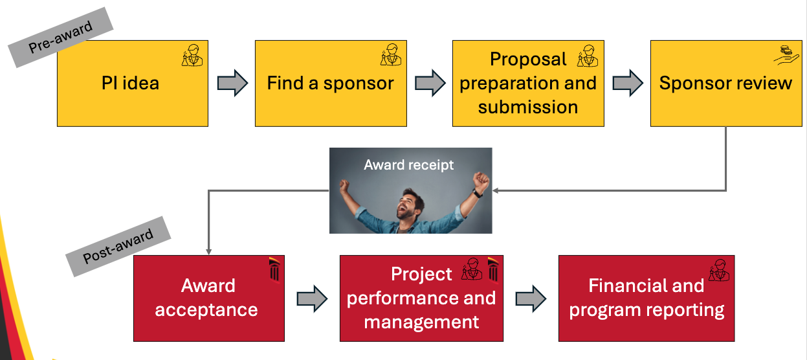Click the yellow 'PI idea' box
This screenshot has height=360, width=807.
click(x=132, y=84)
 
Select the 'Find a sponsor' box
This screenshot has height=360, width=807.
click(x=330, y=84)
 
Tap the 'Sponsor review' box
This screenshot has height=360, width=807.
click(x=725, y=84)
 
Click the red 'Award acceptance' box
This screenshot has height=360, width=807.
click(x=208, y=298)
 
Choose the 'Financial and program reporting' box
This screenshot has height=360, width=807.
click(x=646, y=298)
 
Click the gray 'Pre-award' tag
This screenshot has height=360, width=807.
click(x=61, y=38)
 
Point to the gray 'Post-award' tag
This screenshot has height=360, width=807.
click(x=118, y=246)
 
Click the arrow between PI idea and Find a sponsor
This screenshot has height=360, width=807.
click(x=232, y=83)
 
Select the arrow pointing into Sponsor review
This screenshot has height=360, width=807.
click(x=627, y=83)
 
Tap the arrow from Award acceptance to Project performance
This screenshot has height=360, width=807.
click(x=312, y=298)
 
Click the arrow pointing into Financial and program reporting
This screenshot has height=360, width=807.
click(x=531, y=298)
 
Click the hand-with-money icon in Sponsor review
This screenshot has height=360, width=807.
click(x=786, y=54)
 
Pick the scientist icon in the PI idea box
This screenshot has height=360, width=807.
click(x=192, y=56)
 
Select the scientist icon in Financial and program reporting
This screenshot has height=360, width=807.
click(x=718, y=270)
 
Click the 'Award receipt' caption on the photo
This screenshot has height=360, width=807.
click(x=408, y=165)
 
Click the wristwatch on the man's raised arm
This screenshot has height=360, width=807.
click(x=477, y=192)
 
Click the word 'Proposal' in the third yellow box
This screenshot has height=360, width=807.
click(x=528, y=60)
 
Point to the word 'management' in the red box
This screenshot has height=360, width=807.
click(x=421, y=322)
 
